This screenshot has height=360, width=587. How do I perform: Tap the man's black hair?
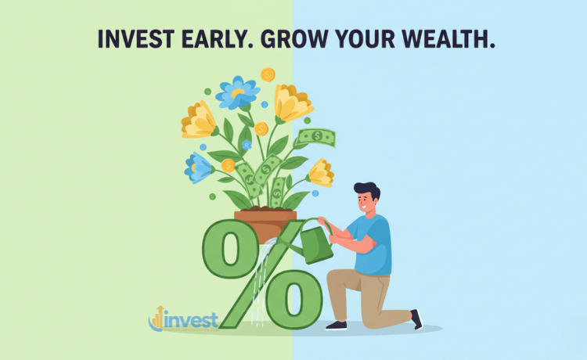[x=366, y=191]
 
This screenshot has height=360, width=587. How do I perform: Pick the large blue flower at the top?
[x=237, y=92]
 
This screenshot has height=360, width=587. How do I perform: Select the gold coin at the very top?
[x=268, y=74]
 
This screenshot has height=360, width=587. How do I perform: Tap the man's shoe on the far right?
[x=416, y=319]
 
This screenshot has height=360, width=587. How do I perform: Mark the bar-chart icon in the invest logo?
[x=157, y=318]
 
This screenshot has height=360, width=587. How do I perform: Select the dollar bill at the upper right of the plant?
[x=316, y=137]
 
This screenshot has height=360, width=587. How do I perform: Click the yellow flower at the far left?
[x=198, y=120]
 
